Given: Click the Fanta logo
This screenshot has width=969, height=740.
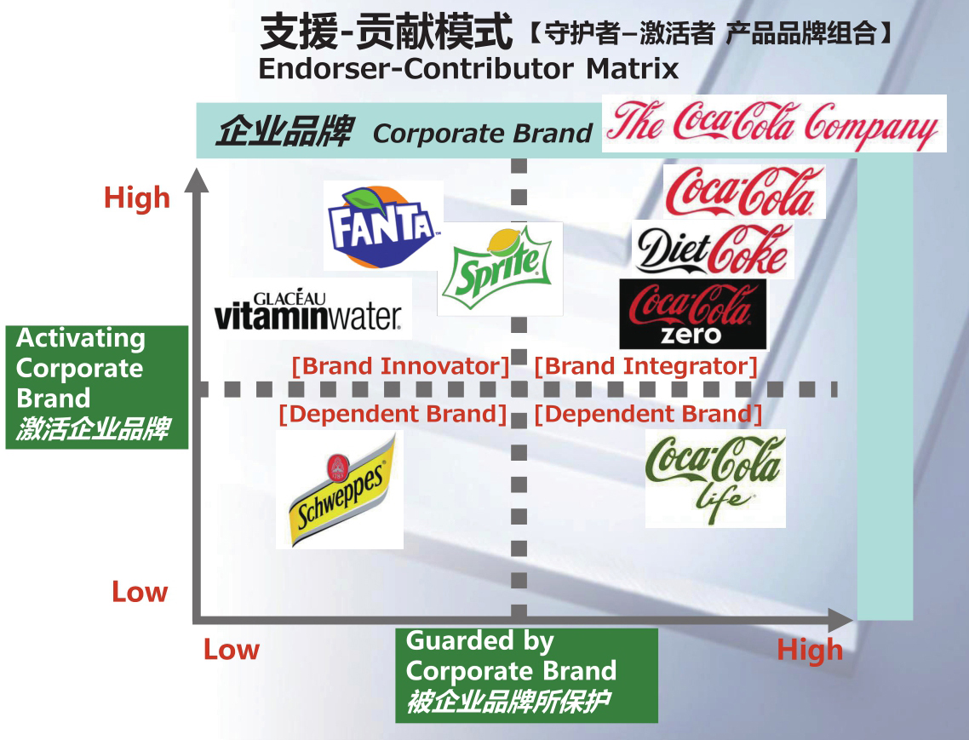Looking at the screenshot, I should pos(383,226).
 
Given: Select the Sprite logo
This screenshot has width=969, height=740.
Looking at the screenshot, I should pos(500,268).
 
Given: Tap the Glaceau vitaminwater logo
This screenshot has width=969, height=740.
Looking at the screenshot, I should pos(307,311).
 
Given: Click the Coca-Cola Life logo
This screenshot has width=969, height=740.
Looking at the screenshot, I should pos(714,478).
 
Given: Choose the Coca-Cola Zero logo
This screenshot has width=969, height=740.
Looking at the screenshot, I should pos(692,314).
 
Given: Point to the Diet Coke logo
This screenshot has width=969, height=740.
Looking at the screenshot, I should pos(713,249).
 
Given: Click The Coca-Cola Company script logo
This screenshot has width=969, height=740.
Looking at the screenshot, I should pos(773,124).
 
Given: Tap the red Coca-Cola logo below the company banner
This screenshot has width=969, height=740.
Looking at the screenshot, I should pos(743,191).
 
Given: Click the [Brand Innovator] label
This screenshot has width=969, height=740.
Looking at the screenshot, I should pos(400,367).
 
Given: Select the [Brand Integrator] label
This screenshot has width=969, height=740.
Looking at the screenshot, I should pos(646,367).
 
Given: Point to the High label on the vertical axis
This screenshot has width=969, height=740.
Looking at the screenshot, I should pos(137,198).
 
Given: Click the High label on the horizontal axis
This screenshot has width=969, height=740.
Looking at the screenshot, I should pos(810,651).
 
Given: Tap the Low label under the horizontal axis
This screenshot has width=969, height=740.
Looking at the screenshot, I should pos(231,651).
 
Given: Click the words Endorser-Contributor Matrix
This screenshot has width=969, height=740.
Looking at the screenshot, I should pos(468,68).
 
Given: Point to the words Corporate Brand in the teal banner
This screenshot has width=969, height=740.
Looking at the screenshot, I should pos(482,134).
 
